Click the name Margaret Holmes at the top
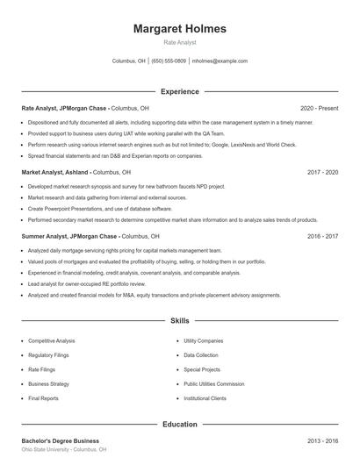(x=179, y=28)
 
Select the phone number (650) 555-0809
(x=169, y=61)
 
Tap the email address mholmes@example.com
(x=220, y=61)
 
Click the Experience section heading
(x=179, y=91)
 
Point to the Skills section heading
(x=179, y=323)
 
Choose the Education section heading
(x=179, y=425)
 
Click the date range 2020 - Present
(x=319, y=108)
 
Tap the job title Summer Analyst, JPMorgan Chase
(x=70, y=236)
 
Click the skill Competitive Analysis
(x=52, y=340)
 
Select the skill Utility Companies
(x=204, y=340)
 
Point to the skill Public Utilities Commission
(x=213, y=384)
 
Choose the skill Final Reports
(x=43, y=398)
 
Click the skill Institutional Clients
(x=205, y=398)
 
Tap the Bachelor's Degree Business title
(x=60, y=440)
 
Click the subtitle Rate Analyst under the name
(x=179, y=42)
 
